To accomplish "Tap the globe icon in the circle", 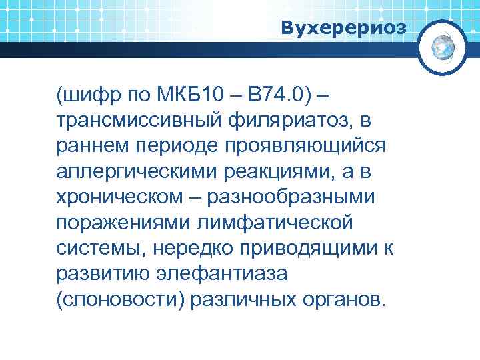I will click(443, 47).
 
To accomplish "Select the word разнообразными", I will click(291, 197).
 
